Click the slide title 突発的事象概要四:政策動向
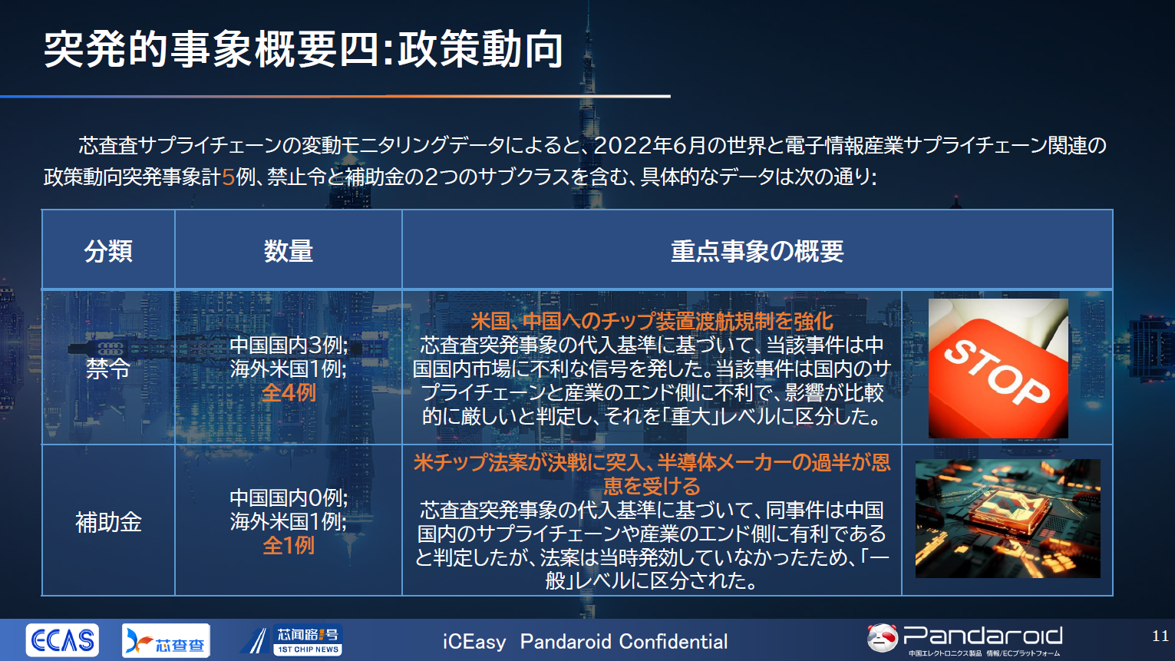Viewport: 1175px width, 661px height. point(304,49)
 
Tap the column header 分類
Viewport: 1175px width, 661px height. point(108,251)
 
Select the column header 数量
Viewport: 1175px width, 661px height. point(289,251)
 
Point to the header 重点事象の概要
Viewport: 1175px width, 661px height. point(757,251)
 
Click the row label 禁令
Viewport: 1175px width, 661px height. point(108,369)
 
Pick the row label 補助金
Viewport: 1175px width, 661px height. point(108,522)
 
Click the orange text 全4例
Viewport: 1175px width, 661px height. point(289,393)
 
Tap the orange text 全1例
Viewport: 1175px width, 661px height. point(289,546)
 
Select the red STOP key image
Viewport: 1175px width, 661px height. point(998,369)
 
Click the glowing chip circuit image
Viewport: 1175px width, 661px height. point(1007,518)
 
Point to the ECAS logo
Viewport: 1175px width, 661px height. point(62,640)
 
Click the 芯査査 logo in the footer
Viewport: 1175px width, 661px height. point(166,640)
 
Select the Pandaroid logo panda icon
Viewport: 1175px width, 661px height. point(882,637)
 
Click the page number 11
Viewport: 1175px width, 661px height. point(1160,636)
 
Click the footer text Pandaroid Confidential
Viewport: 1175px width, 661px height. point(623,642)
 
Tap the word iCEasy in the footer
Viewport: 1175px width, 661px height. point(474,642)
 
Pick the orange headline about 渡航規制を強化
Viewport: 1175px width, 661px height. point(652,321)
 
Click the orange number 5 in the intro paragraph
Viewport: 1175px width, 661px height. point(228,177)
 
